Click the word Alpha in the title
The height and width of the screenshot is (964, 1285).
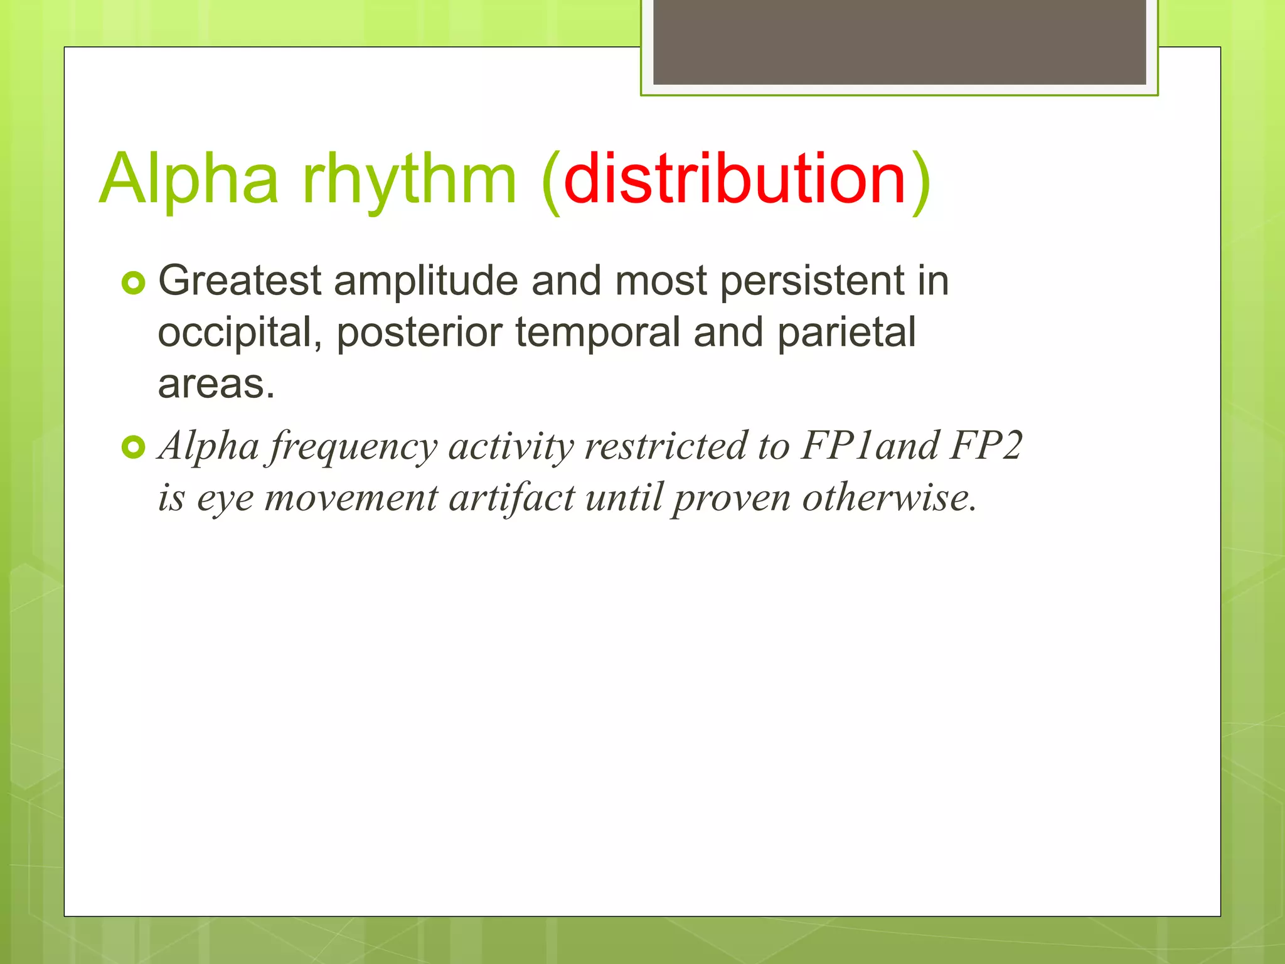coord(188,180)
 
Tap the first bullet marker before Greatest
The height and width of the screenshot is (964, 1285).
coord(133,283)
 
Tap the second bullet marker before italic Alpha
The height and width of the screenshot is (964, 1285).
coord(133,447)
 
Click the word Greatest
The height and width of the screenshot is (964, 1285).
coord(240,281)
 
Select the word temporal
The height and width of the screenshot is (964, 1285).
coord(597,332)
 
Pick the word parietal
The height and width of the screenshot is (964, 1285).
coord(846,333)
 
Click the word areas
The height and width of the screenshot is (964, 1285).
coord(216,384)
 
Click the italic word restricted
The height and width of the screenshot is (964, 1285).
coord(664,446)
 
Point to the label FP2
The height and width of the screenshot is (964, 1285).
coord(986,446)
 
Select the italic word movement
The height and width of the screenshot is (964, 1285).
coord(351,499)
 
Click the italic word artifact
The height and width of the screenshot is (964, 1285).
coord(511,499)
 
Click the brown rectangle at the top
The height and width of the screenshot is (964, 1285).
coord(899,41)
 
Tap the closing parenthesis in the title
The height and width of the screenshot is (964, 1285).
coord(920,181)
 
